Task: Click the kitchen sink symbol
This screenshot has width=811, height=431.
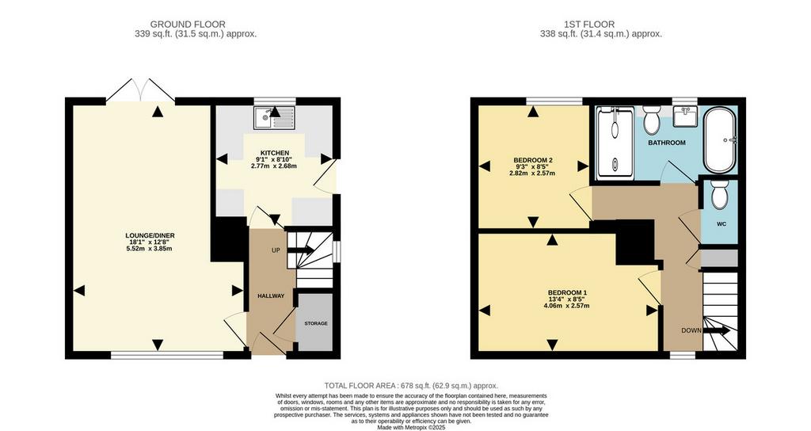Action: coord(274,118)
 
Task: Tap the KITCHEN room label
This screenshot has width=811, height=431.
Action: coord(275,153)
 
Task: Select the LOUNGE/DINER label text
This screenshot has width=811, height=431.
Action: coord(149,235)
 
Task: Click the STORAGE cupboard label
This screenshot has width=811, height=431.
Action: coord(315,323)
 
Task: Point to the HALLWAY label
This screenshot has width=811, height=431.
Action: coord(271,296)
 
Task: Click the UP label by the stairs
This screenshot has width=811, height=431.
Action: coord(276,250)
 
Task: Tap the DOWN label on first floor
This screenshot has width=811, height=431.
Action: coord(691,330)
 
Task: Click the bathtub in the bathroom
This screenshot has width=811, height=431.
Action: coord(719,139)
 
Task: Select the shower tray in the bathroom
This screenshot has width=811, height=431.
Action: coord(615,143)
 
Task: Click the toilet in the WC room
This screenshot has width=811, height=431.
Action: coord(719,195)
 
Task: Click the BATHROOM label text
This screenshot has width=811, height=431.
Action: coord(667,143)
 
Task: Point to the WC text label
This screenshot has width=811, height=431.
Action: coord(721,224)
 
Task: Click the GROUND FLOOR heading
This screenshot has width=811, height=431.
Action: coord(188,25)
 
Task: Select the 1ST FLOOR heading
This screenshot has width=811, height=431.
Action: coord(589,25)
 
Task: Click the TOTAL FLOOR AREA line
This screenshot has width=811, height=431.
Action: coord(411,386)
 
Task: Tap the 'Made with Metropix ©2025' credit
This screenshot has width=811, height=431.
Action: coord(411,427)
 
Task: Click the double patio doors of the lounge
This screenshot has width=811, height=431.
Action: coord(140,90)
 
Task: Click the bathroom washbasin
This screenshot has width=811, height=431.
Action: coord(686,116)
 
